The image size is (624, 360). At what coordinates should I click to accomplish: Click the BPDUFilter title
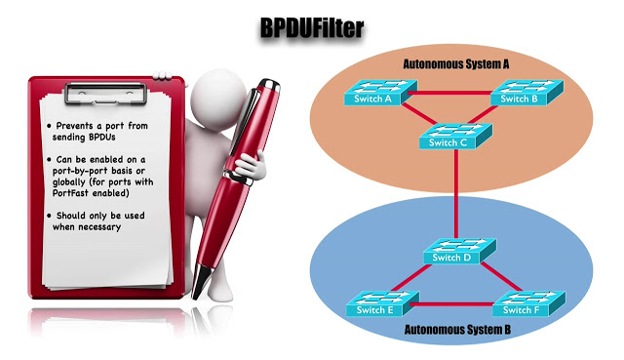click(x=311, y=29)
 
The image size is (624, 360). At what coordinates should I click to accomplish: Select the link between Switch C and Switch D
click(x=455, y=195)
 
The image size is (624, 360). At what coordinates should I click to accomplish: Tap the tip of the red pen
click(x=200, y=294)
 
